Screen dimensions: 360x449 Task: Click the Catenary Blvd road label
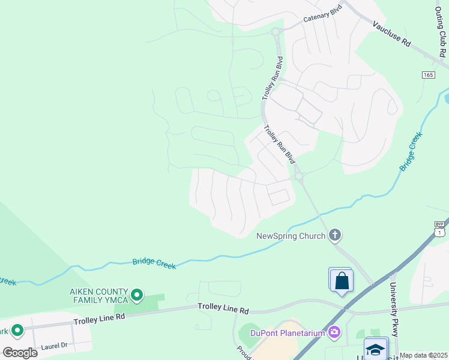coord(323,16)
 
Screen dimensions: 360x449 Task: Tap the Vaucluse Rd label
coord(391,34)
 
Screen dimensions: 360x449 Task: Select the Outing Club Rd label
coord(441,37)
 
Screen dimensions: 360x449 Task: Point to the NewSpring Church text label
coord(291,236)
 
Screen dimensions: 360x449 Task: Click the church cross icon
coord(335,235)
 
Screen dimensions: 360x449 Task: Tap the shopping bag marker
coord(341,280)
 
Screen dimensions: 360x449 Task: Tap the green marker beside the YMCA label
coord(137,295)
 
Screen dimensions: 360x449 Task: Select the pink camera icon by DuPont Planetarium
coord(334,332)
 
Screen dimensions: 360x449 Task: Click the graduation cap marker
coord(376,349)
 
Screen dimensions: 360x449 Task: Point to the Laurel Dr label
coord(54,346)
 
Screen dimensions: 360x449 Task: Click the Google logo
coord(20,352)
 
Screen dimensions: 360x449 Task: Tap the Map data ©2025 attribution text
coord(423,355)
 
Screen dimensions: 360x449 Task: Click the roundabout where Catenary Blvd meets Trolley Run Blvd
coord(277,32)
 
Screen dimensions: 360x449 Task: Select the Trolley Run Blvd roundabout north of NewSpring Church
coord(298,176)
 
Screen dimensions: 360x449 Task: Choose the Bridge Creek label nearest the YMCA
coord(154,263)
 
